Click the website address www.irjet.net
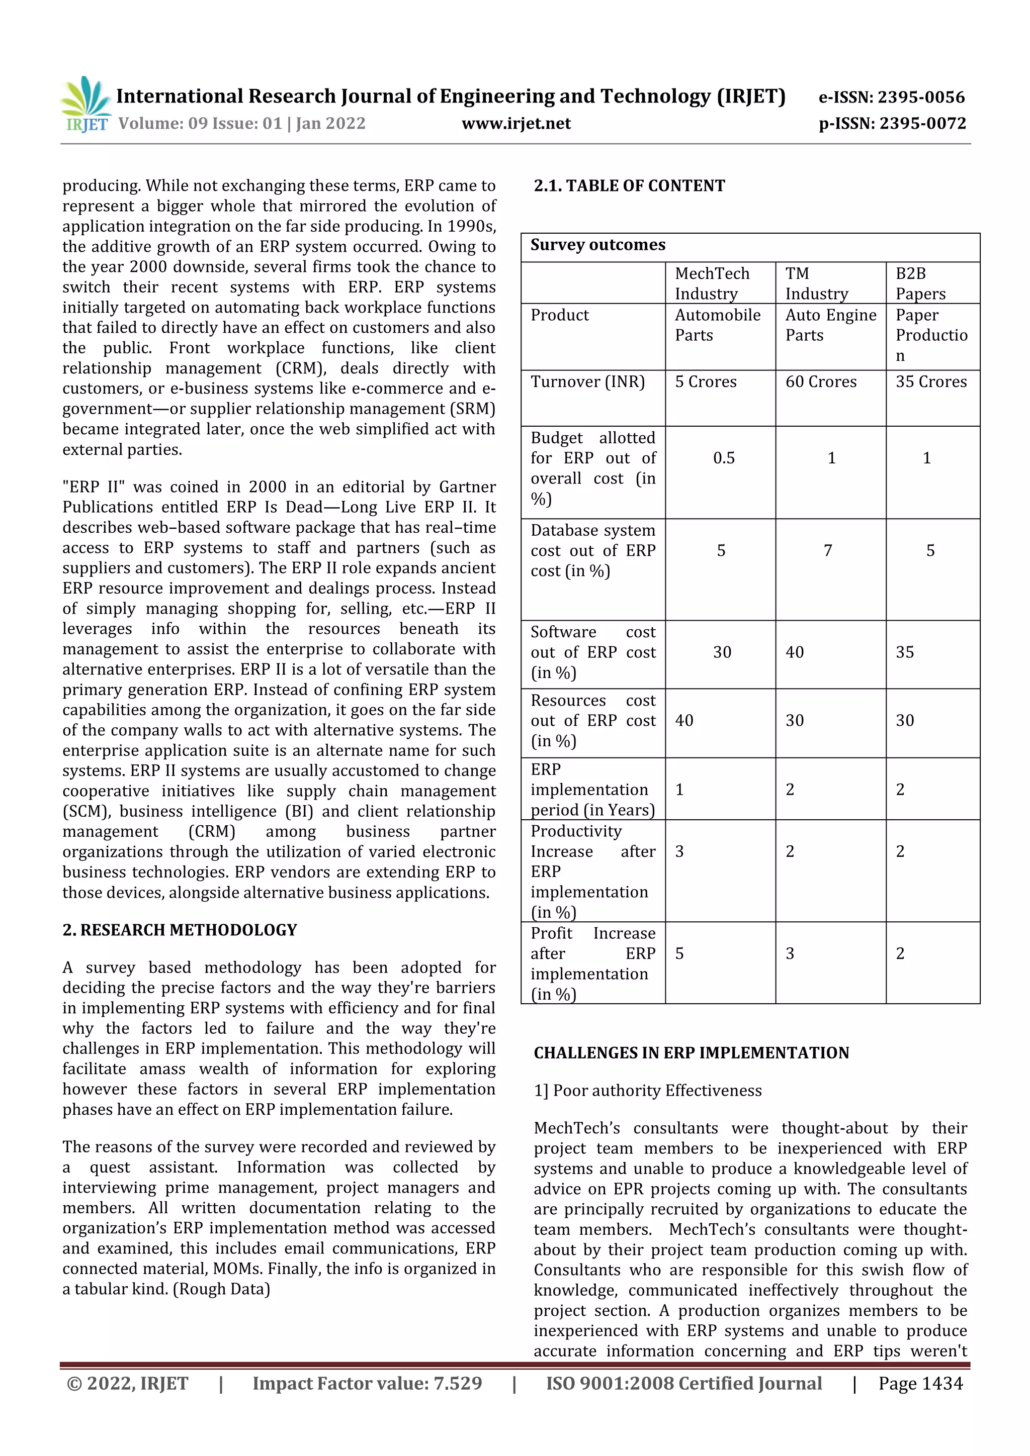[x=516, y=123]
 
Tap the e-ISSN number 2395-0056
[x=921, y=97]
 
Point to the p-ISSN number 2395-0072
[x=922, y=123]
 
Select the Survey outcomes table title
[x=598, y=245]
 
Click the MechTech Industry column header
[x=712, y=283]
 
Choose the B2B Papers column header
[x=920, y=283]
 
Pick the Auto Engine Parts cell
[x=830, y=325]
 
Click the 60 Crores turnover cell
[x=821, y=382]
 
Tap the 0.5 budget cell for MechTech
[x=724, y=458]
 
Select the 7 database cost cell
[x=827, y=550]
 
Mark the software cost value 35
[x=904, y=652]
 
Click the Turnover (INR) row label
[x=587, y=382]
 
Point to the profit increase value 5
[x=679, y=953]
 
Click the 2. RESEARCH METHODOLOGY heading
[x=180, y=930]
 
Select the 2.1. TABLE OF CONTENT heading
[x=629, y=186]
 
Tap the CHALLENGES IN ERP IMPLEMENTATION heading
[x=691, y=1053]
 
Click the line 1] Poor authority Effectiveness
[x=647, y=1090]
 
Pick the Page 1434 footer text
[x=920, y=1383]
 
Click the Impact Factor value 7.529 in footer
[x=367, y=1383]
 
